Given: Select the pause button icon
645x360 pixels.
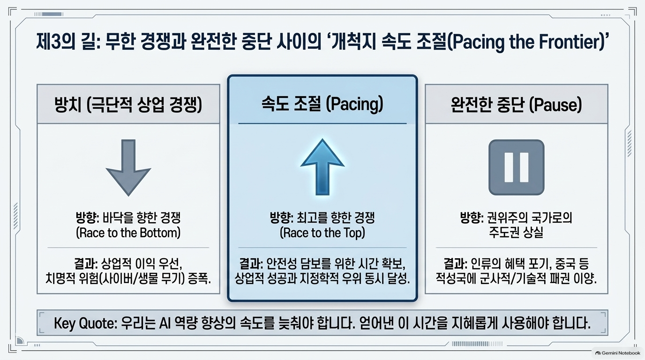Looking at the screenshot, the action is click(516, 167).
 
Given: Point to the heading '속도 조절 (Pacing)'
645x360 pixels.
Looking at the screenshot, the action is click(322, 104).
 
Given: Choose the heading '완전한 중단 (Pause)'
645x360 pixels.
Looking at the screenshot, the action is click(516, 104).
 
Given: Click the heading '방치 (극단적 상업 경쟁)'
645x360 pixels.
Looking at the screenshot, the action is click(128, 104).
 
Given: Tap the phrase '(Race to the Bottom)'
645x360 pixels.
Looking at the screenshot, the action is click(128, 232).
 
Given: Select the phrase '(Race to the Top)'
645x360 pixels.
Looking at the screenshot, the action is click(322, 232).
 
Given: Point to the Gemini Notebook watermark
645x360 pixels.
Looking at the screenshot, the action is click(617, 353).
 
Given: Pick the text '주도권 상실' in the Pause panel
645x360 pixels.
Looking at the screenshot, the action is click(516, 232).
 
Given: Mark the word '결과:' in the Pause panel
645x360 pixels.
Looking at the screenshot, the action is click(455, 263).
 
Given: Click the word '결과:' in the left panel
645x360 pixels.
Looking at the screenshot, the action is click(86, 263).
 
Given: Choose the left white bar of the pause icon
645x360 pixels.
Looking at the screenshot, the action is click(509, 167).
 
